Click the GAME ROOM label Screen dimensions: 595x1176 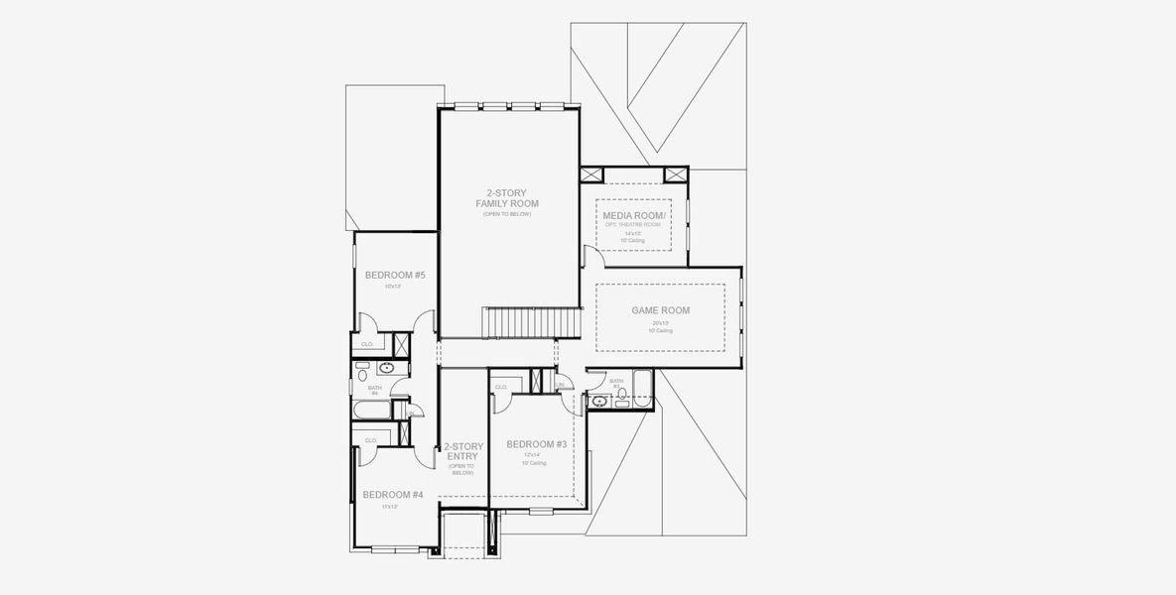coord(660,310)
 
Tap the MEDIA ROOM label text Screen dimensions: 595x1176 coord(632,214)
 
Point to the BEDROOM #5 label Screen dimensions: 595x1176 coord(394,275)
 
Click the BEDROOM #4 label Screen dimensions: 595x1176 coord(392,495)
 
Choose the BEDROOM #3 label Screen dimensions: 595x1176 coord(536,444)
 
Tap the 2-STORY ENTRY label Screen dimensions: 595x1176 coord(462,451)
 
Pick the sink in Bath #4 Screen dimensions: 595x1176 coord(387,369)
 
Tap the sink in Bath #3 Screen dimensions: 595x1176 coord(598,401)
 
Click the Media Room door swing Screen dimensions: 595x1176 coord(590,259)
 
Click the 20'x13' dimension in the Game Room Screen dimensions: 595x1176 coord(660,323)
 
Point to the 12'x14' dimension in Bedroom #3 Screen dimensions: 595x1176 coord(535,455)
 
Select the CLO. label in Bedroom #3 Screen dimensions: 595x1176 coord(501,387)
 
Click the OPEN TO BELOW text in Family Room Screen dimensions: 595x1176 coord(507,214)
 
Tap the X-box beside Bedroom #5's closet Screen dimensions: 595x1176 coord(403,345)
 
